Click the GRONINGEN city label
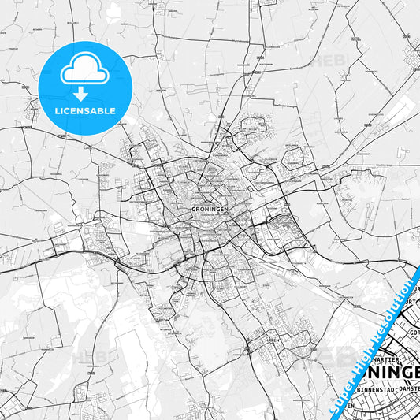[209, 209]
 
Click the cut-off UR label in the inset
[413, 300]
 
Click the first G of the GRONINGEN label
[194, 209]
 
